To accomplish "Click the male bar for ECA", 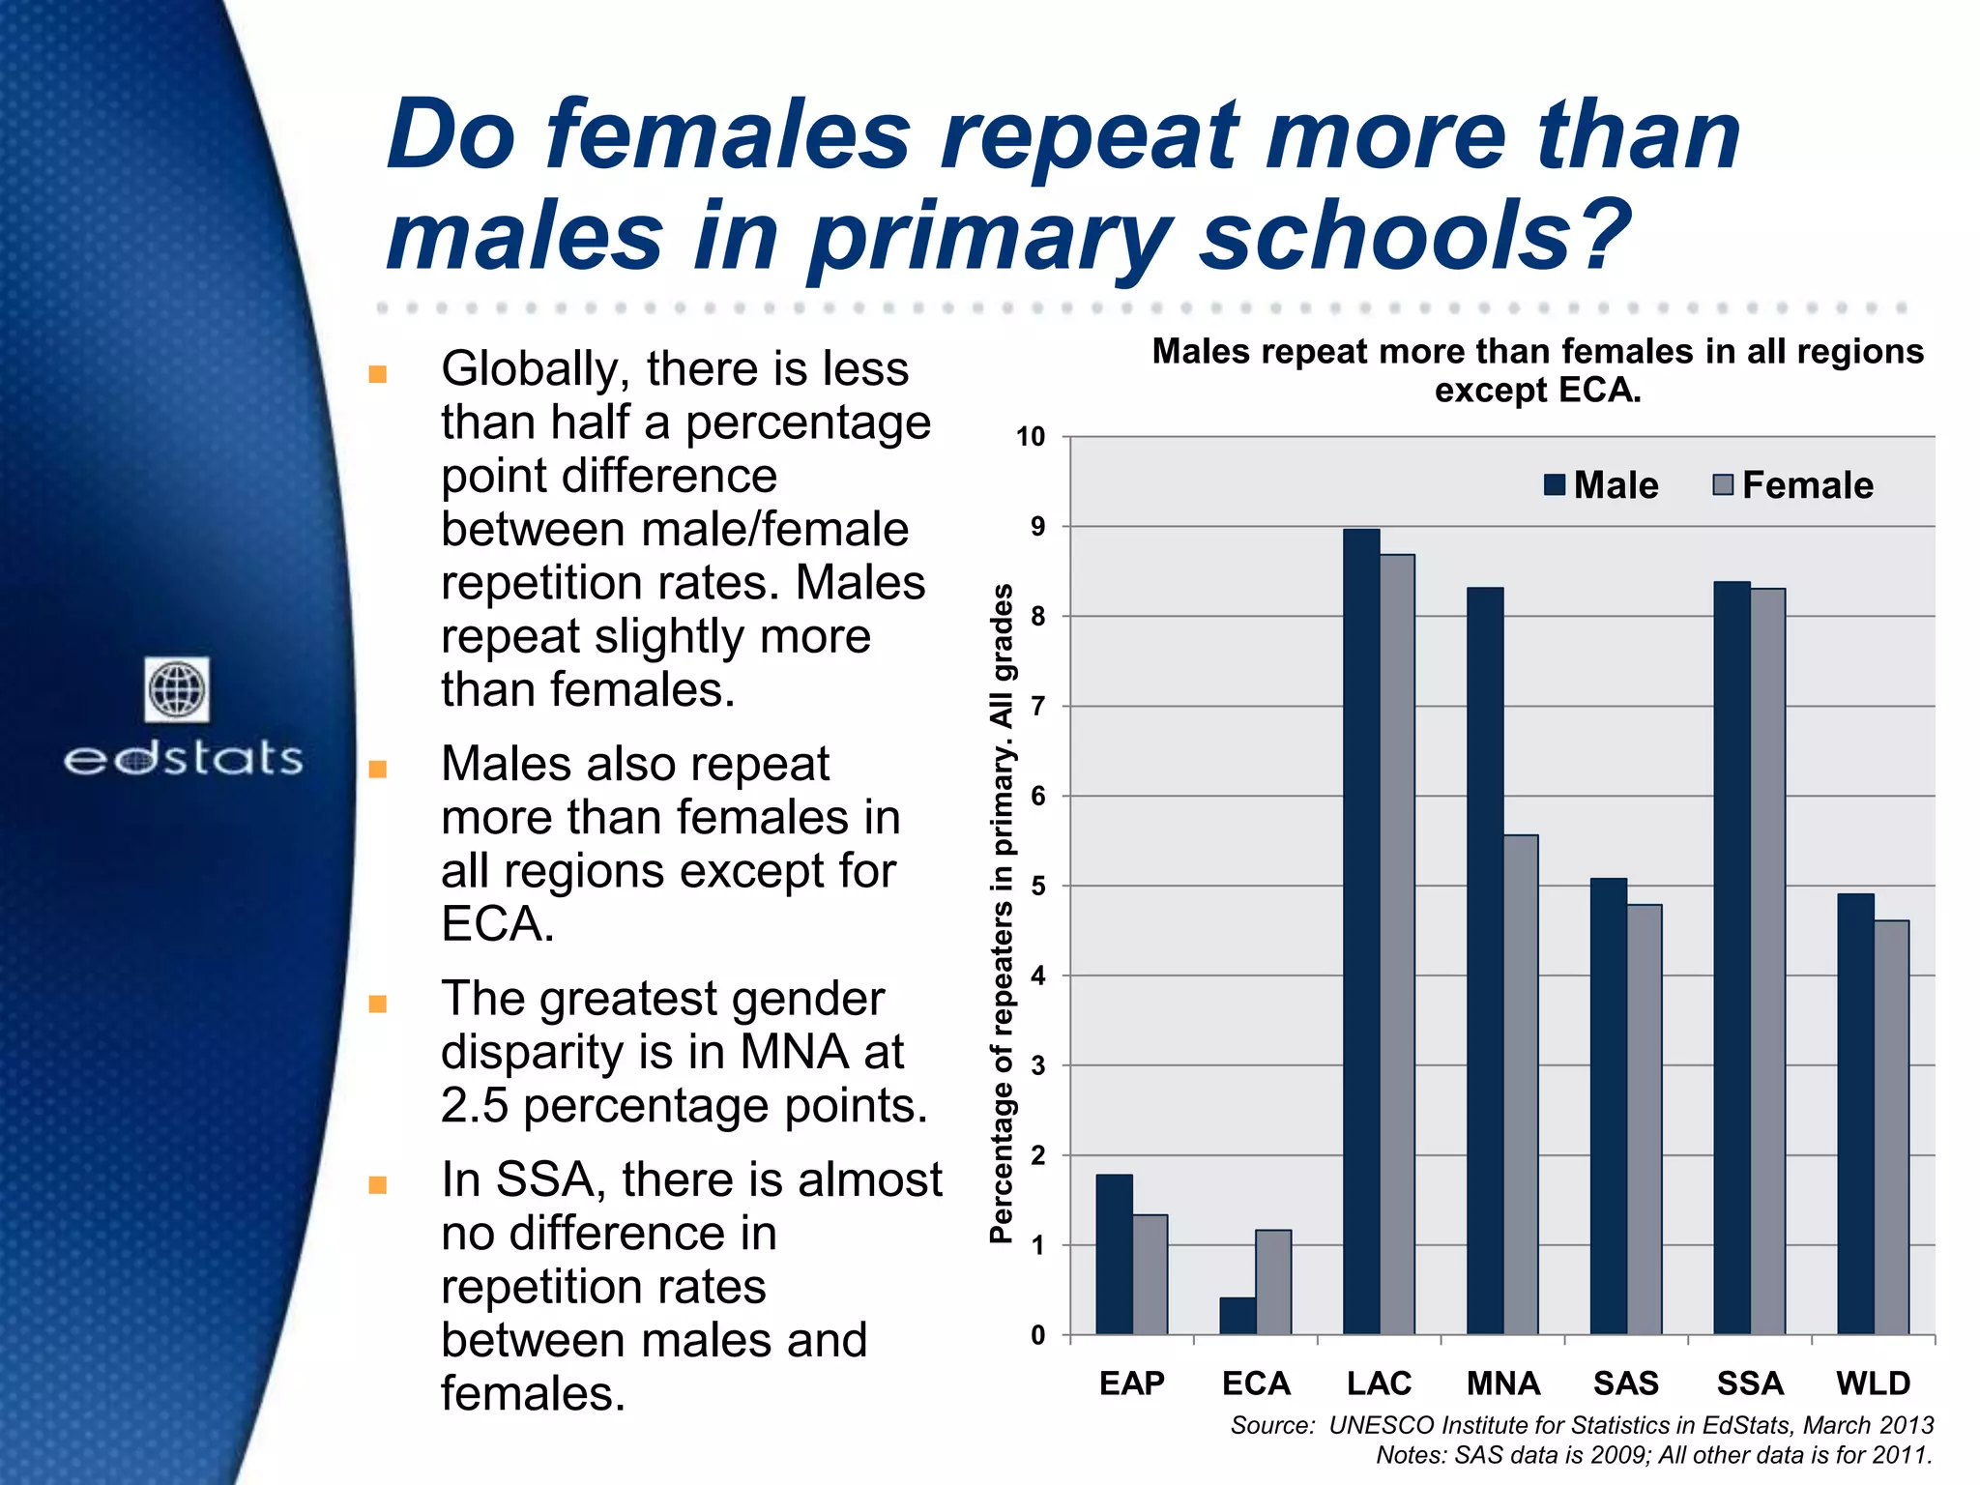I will click(x=1237, y=1316).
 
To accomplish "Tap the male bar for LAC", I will click(x=1361, y=933).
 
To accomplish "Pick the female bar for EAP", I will click(x=1150, y=1274).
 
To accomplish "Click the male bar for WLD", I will click(x=1855, y=1114).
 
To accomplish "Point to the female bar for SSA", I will click(x=1767, y=962).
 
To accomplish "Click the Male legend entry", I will click(x=1601, y=485).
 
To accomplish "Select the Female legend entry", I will click(x=1792, y=485).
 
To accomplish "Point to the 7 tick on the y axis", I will click(x=1038, y=707).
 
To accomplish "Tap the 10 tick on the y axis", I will click(x=1031, y=437).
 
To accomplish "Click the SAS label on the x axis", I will click(x=1626, y=1383).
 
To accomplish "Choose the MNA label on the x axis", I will click(x=1502, y=1383).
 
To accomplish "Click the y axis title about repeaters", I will click(x=1002, y=914).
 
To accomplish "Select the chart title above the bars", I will click(x=1537, y=370).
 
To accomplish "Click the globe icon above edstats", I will click(x=177, y=689).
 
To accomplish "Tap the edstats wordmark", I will click(x=184, y=759).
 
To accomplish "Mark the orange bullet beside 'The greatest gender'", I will click(x=378, y=1004).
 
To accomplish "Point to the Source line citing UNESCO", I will click(x=1582, y=1425).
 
